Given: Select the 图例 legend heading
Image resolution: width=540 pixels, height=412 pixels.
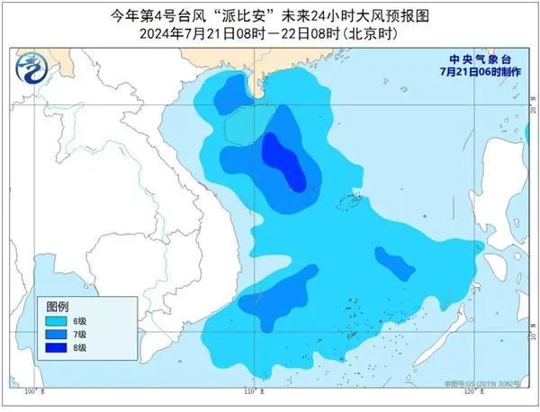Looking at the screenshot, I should (x=58, y=306).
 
